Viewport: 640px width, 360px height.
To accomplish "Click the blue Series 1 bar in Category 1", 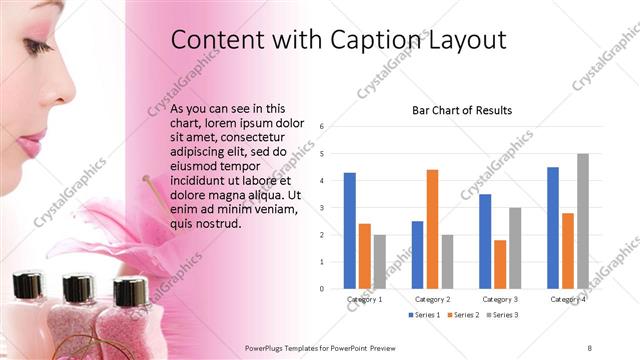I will click(x=350, y=230).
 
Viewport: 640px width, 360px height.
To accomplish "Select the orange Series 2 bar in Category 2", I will click(x=432, y=228).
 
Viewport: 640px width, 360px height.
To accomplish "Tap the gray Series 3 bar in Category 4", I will click(x=582, y=220).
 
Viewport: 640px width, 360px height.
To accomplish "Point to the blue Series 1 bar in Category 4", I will click(x=552, y=227).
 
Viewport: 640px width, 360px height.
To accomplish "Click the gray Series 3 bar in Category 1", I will click(x=380, y=261).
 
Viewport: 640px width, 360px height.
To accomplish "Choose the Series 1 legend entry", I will click(x=424, y=315).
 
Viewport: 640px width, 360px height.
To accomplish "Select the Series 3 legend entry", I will click(x=502, y=315).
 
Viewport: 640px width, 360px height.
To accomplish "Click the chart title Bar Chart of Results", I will click(x=462, y=110).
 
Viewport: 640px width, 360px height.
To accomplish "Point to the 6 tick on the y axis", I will click(x=322, y=126).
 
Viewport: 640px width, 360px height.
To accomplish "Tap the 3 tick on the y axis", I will click(x=322, y=207).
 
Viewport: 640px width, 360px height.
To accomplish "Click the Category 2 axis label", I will click(x=432, y=299).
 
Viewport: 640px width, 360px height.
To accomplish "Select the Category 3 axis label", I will click(x=499, y=299).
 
